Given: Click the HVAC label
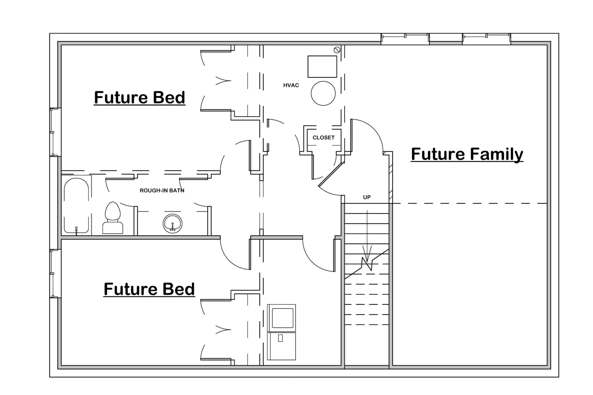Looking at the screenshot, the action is coord(291,85).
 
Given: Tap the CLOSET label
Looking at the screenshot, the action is coord(323,138).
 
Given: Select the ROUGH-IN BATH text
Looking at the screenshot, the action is coord(162,191).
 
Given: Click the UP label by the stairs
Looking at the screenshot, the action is coord(367,197).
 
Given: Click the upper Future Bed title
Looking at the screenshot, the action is coord(140,97).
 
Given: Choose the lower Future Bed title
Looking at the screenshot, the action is coord(149,289).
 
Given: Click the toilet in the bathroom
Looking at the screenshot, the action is coord(113,218).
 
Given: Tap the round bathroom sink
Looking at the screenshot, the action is coord(173,224).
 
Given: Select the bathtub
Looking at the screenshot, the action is coord(76,205).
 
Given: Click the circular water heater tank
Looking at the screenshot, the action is coord(323,93).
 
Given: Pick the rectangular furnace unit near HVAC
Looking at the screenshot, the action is coord(322,67).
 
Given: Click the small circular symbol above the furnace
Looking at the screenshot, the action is coord(337,50).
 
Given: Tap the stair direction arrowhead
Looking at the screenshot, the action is coord(367,257).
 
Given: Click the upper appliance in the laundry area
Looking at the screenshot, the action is coord(281,318).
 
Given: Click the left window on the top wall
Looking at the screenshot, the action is coord(405,39).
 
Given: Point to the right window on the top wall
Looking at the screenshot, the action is coord(486,39).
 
